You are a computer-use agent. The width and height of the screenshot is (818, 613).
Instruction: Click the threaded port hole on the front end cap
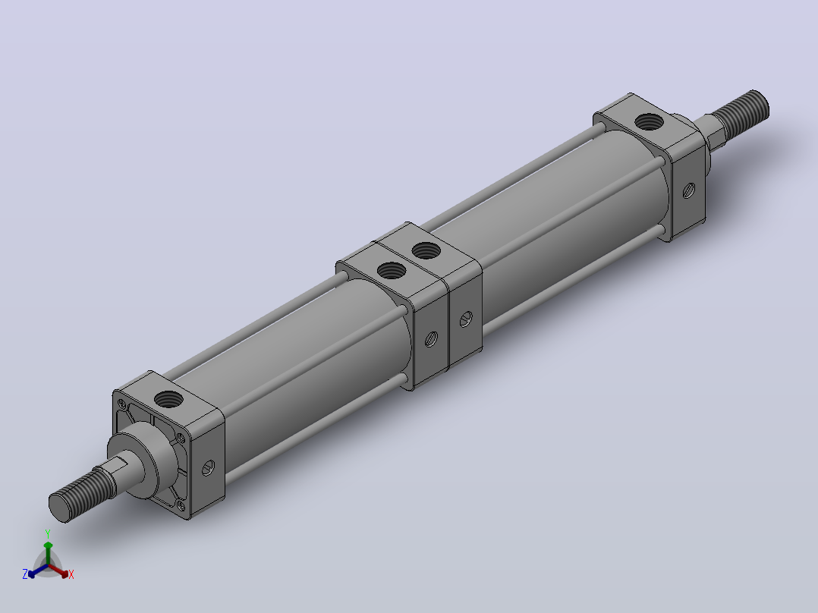(x=168, y=400)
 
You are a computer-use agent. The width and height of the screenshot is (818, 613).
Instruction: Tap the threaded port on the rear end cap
(x=649, y=122)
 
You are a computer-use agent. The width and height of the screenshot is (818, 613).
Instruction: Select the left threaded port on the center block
(x=391, y=270)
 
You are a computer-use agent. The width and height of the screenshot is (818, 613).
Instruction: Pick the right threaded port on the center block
(x=426, y=251)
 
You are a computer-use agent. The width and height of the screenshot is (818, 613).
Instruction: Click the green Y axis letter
(x=48, y=534)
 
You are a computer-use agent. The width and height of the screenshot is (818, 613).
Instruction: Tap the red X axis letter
(x=71, y=574)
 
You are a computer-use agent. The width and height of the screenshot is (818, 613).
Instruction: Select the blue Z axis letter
(x=25, y=574)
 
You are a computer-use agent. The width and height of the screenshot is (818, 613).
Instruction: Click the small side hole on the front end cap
(x=208, y=467)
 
